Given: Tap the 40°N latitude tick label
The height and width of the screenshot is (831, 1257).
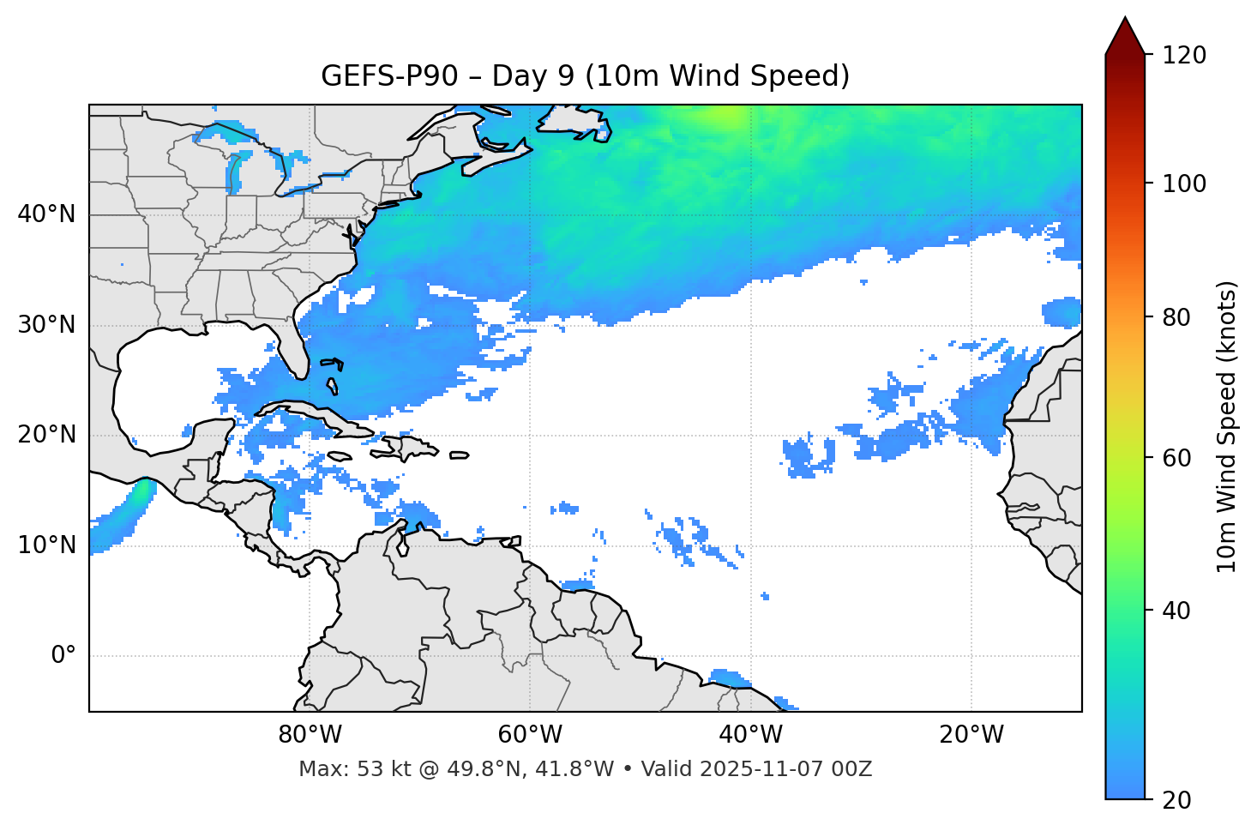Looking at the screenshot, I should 46,214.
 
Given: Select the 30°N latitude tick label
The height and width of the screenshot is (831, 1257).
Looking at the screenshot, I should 46,325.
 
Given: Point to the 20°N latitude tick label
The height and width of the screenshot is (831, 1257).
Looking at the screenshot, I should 46,435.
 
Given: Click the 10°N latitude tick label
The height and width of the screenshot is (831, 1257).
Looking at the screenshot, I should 46,545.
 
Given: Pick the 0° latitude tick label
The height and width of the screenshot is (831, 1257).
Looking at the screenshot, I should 63,656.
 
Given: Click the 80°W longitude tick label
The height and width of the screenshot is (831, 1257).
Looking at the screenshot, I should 310,735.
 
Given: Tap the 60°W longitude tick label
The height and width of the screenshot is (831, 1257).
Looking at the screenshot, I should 530,735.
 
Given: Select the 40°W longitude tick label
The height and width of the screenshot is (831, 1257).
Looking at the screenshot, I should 750,735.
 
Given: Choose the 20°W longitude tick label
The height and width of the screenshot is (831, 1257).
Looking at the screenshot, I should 971,735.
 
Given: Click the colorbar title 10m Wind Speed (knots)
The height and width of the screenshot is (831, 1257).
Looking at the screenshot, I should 1227,426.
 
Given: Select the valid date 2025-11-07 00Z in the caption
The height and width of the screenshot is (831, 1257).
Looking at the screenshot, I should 786,769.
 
